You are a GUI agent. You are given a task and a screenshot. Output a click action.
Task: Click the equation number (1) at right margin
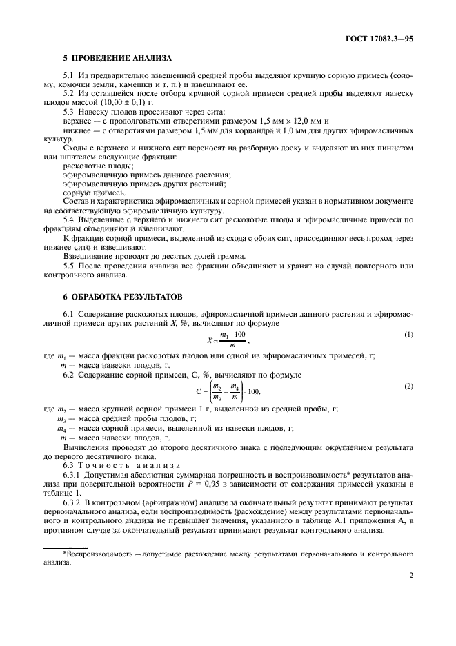[408, 335]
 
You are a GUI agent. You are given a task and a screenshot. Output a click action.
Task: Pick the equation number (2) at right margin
[408, 386]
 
